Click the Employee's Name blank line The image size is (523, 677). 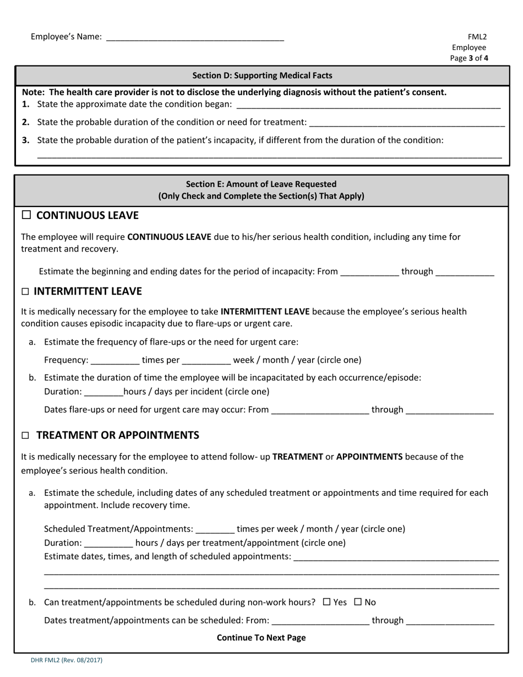point(194,37)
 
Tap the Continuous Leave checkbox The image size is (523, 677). point(26,215)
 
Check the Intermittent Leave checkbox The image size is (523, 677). point(25,292)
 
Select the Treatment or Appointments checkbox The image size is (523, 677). point(25,435)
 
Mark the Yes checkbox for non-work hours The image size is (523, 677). point(326,602)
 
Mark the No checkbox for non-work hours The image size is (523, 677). point(358,602)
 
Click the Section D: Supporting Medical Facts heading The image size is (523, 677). point(262,75)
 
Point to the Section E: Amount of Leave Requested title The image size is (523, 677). point(261,184)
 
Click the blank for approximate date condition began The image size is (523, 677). point(368,105)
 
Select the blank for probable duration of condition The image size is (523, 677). point(407,122)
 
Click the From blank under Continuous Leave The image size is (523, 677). point(369,272)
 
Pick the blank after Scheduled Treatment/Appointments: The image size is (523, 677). point(215,529)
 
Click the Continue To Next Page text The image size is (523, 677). point(261,637)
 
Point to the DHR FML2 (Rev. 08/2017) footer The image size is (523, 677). point(67,660)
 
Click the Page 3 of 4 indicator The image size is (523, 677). point(468,58)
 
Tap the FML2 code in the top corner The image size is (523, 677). point(477,37)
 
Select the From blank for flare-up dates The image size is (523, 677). point(320,410)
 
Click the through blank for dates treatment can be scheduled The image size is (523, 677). point(449,621)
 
